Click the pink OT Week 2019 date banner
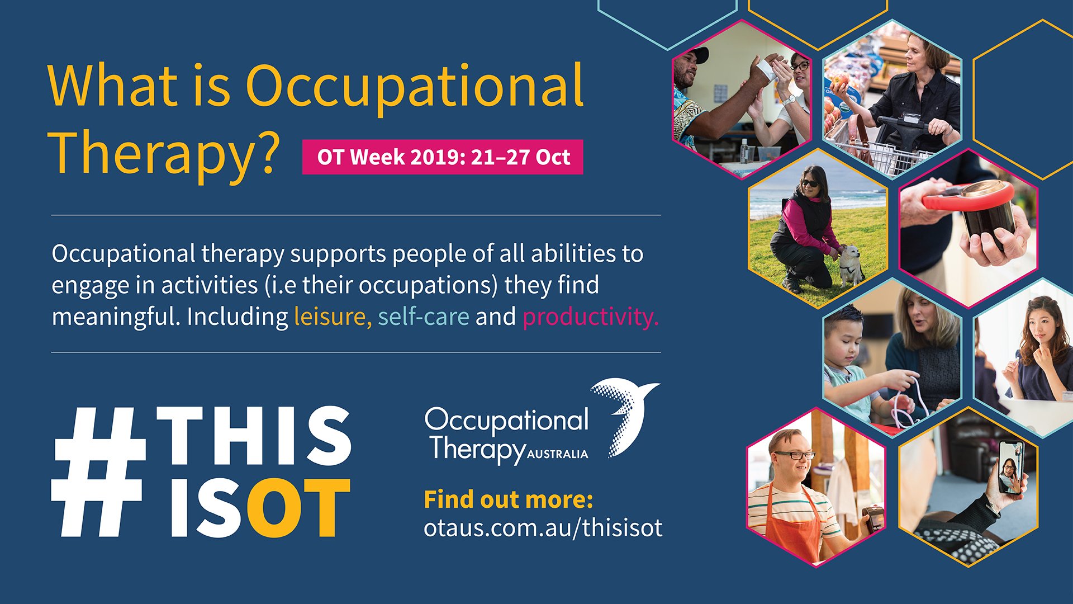pos(443,157)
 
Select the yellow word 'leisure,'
pos(333,317)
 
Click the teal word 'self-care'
pos(424,317)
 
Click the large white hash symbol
pos(98,471)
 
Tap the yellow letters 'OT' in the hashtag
pos(298,508)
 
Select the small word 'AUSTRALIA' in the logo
pos(557,455)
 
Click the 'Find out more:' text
pos(509,499)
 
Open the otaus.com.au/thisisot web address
pos(543,528)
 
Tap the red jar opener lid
pos(967,196)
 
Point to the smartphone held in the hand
pos(1011,468)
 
